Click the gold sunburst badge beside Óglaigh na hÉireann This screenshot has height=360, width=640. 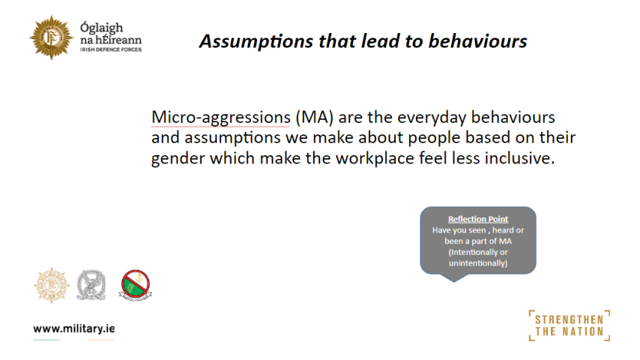point(51,37)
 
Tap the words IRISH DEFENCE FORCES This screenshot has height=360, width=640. point(111,49)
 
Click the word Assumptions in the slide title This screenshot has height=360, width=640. point(256,42)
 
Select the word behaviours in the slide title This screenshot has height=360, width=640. point(477,40)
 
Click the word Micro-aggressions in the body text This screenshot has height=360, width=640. point(221,118)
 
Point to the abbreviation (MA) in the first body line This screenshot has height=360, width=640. point(314,118)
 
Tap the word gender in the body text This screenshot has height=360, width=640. point(178,158)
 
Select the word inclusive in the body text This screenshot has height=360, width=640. point(519,158)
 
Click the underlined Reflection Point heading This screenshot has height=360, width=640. point(478,220)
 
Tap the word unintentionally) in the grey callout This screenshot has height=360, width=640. point(478,263)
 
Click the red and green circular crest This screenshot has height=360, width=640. point(136,285)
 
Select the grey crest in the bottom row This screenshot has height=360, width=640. point(91,285)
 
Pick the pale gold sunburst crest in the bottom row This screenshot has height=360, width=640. point(52,285)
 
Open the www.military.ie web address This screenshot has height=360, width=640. point(74,329)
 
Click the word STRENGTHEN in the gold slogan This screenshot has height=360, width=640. point(569,319)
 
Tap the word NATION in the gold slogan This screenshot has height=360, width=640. point(584,331)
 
